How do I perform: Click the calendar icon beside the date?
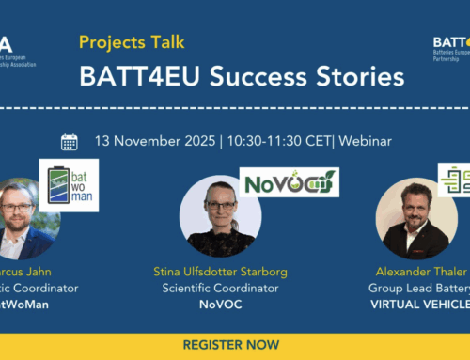[x=69, y=142]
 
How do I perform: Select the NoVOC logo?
[x=289, y=181]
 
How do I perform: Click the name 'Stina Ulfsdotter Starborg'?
[x=220, y=273]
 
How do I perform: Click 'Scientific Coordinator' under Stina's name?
[x=220, y=289]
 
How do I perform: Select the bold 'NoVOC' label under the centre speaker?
[x=220, y=305]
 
